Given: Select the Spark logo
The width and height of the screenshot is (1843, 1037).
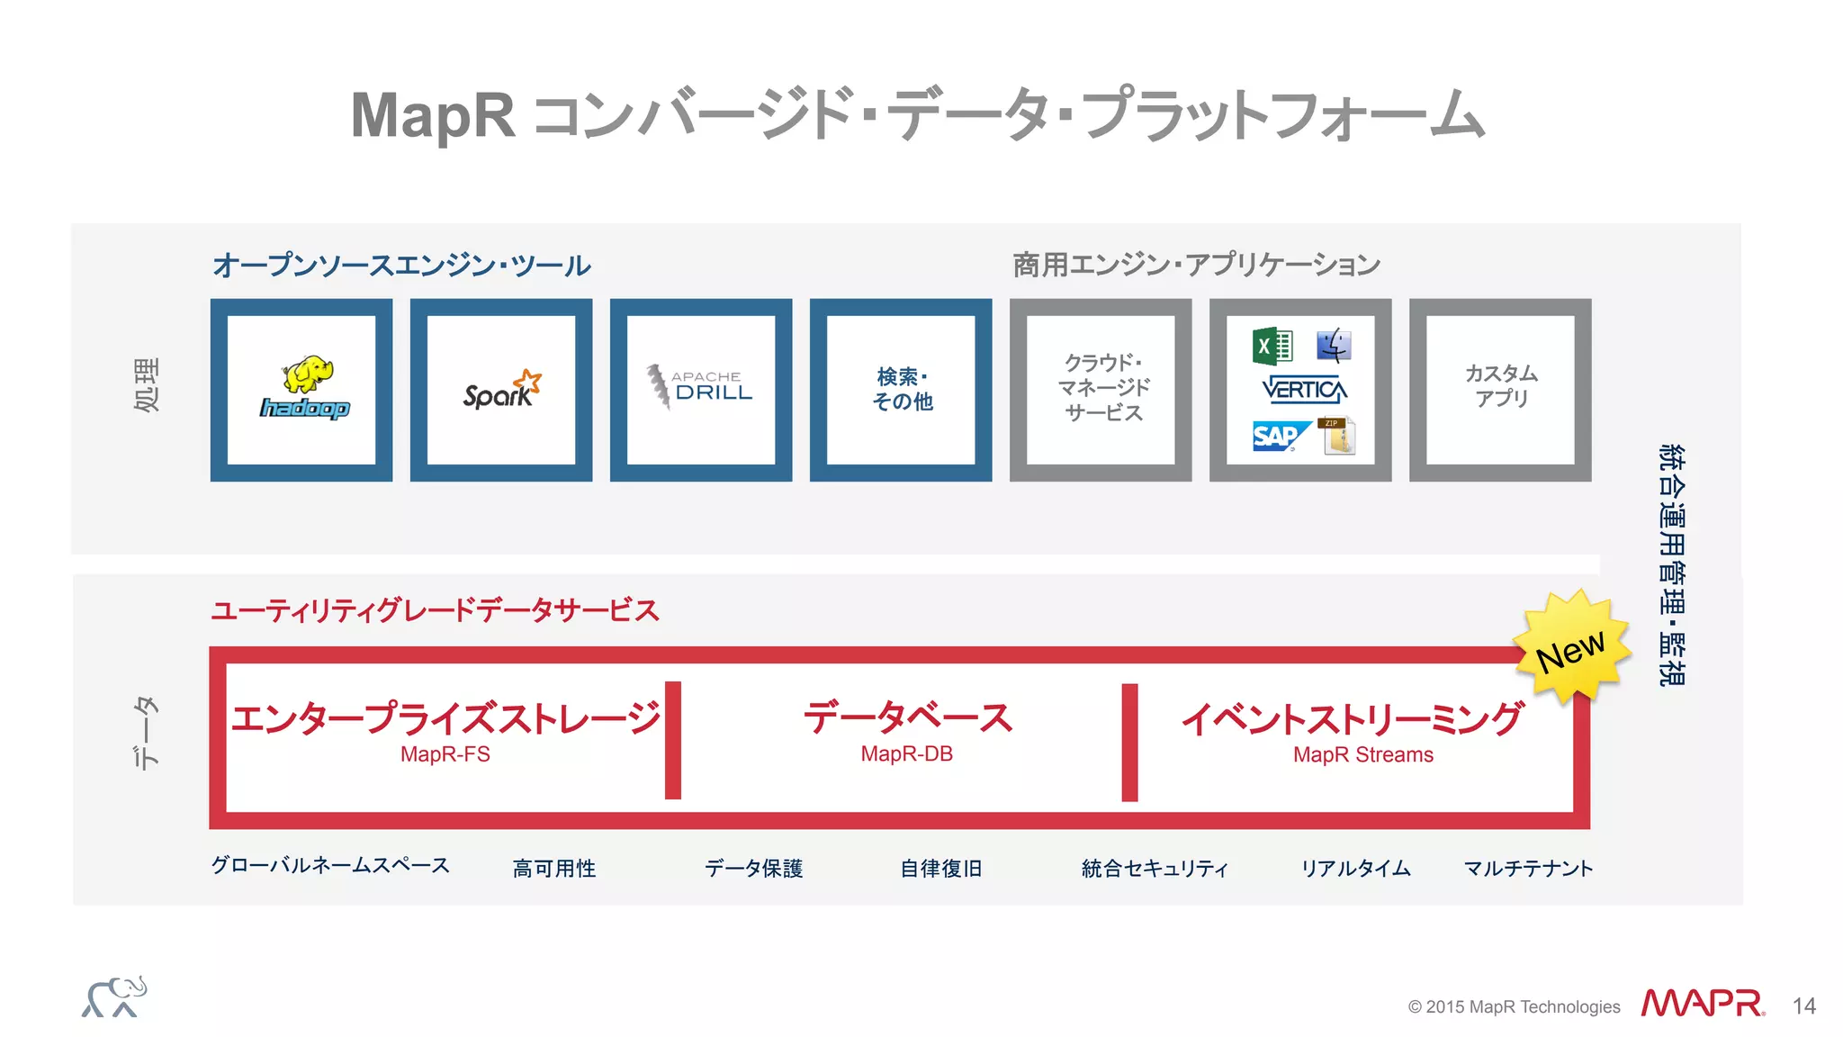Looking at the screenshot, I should pos(501,391).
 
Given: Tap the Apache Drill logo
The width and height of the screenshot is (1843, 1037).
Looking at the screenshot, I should pos(700,387).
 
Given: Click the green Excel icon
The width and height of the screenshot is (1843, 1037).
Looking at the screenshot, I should pos(1272,346).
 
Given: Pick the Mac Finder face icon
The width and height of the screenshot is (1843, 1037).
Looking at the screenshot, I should pos(1334,346).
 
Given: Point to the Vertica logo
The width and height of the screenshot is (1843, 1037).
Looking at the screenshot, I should pos(1304,390).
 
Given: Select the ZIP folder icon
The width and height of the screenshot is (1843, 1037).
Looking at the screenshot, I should pos(1337,437).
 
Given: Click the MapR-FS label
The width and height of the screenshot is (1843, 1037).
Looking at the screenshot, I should pos(445,754).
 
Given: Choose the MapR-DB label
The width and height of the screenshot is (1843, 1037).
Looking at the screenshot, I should pos(906,754).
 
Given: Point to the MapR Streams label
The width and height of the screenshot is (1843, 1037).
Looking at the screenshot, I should pos(1362,754).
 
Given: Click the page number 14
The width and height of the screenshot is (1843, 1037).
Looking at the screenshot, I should pos(1803,1005).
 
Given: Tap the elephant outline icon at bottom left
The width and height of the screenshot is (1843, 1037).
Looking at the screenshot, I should pos(114,997).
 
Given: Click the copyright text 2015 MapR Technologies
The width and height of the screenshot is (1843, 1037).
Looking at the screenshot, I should pos(1514,1006).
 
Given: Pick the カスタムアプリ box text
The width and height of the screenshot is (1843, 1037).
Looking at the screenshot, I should pos(1500,386).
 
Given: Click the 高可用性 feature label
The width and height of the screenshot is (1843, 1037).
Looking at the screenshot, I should pos(554,868).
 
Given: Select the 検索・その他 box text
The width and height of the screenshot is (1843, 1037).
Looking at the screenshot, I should pos(902,389).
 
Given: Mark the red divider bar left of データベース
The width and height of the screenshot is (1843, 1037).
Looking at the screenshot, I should pos(673,740).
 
